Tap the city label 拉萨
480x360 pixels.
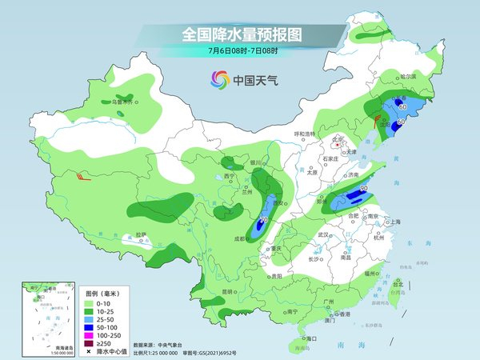tap(141, 235)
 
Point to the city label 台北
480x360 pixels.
tap(397, 284)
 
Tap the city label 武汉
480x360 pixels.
tap(323, 235)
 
